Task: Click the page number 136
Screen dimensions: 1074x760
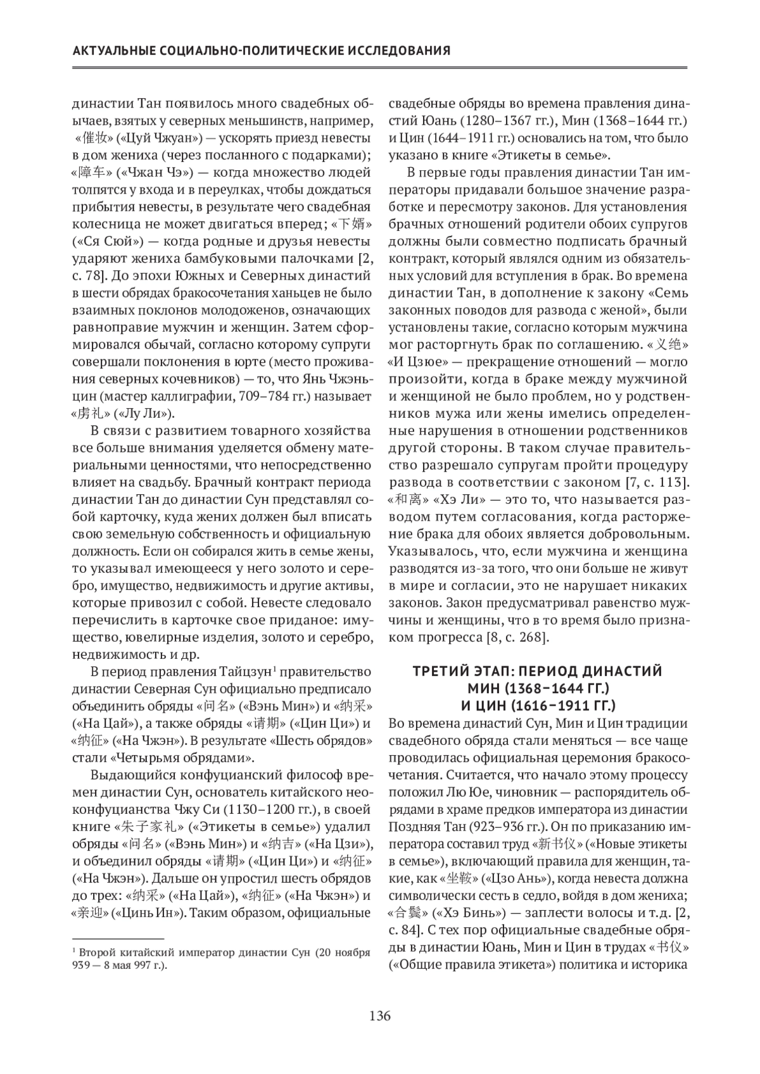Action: (380, 1016)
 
